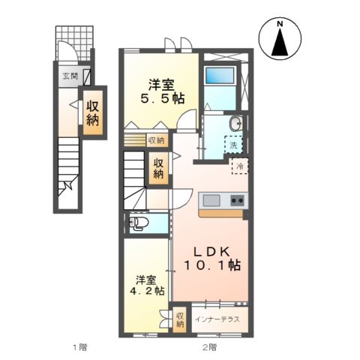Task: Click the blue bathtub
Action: click(220, 76)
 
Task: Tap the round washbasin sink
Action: click(235, 124)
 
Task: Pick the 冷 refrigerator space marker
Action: click(241, 166)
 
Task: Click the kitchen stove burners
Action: click(237, 200)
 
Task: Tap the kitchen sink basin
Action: click(210, 200)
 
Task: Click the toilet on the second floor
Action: click(139, 223)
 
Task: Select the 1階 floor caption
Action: click(79, 347)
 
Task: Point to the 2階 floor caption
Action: click(208, 347)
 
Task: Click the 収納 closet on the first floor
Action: click(93, 112)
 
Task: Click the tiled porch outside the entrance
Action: click(75, 41)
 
